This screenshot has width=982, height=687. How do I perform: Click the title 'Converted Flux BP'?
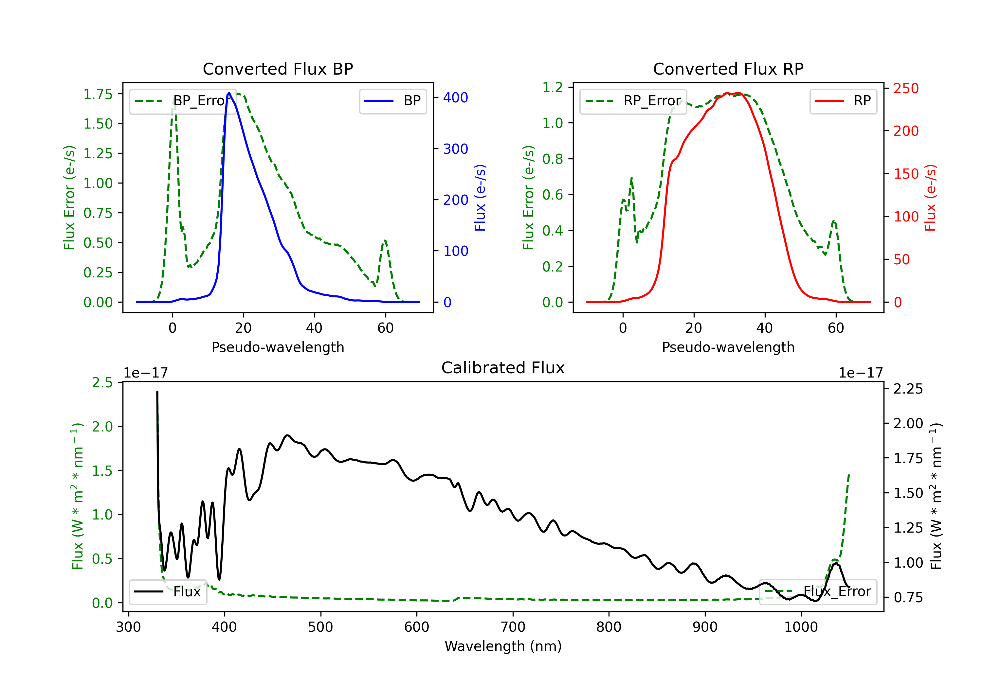click(278, 69)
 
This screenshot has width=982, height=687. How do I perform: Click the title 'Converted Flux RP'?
click(728, 69)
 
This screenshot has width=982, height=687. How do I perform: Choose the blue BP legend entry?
click(392, 101)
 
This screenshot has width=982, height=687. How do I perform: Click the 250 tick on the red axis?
click(906, 89)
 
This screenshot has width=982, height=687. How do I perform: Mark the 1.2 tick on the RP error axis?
click(552, 87)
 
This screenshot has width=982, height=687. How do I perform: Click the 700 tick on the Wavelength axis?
click(513, 627)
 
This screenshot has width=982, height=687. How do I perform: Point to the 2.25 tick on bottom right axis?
click(908, 389)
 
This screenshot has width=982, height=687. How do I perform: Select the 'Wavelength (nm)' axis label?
click(503, 646)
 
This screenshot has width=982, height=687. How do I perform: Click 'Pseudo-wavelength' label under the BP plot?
click(278, 347)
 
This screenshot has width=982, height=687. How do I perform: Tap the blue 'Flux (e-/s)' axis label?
click(480, 198)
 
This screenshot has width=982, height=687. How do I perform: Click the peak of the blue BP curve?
click(229, 93)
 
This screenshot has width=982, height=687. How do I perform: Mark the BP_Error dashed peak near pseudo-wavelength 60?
click(385, 241)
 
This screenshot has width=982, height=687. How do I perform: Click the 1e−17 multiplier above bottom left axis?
click(145, 373)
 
